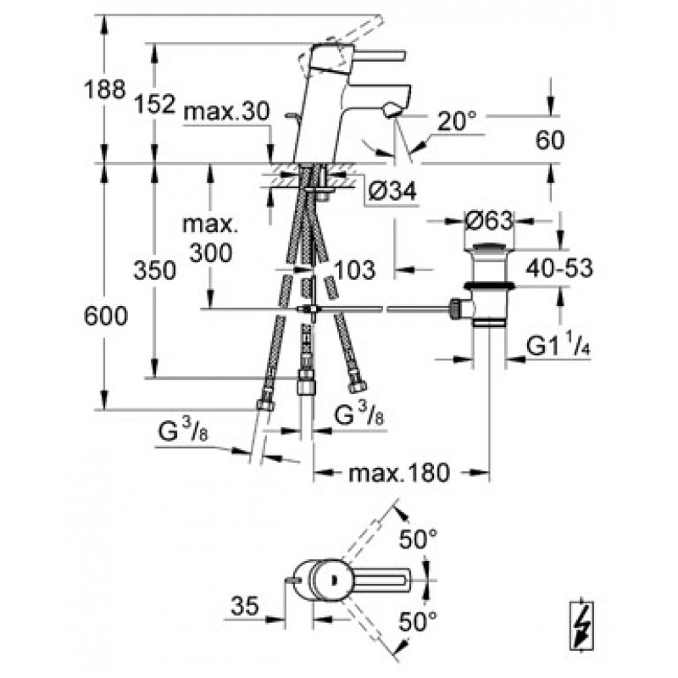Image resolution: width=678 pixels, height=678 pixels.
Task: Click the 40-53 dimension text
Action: [557, 270]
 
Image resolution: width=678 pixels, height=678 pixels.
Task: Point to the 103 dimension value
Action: [355, 270]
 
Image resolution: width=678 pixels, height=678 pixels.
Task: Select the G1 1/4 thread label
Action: [557, 347]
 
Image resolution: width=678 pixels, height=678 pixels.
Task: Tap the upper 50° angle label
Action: [420, 536]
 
